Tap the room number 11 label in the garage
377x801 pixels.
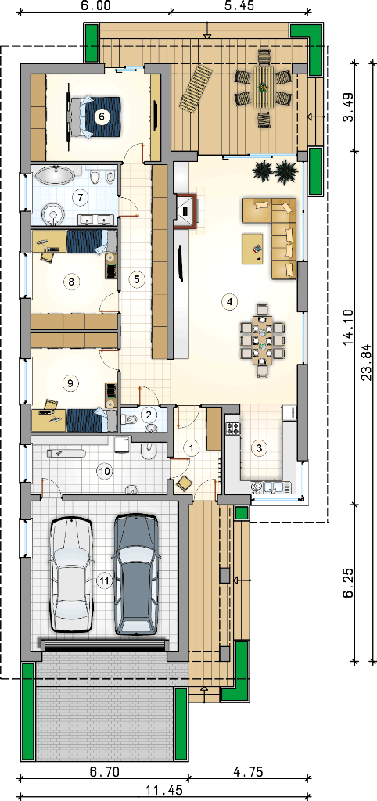(104, 581)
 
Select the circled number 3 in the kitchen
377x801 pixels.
(260, 448)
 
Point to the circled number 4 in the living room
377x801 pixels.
(229, 302)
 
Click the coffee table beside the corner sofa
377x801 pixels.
(253, 248)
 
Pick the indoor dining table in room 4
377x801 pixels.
(263, 339)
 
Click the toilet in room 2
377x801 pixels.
(131, 420)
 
